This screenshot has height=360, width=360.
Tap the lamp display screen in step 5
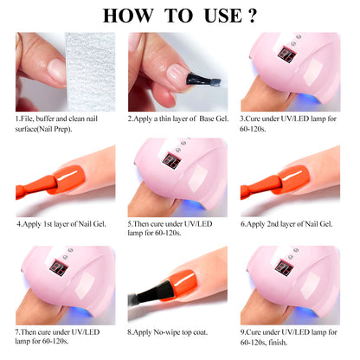coord(170,163)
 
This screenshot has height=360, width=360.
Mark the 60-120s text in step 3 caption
coord(267,126)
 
